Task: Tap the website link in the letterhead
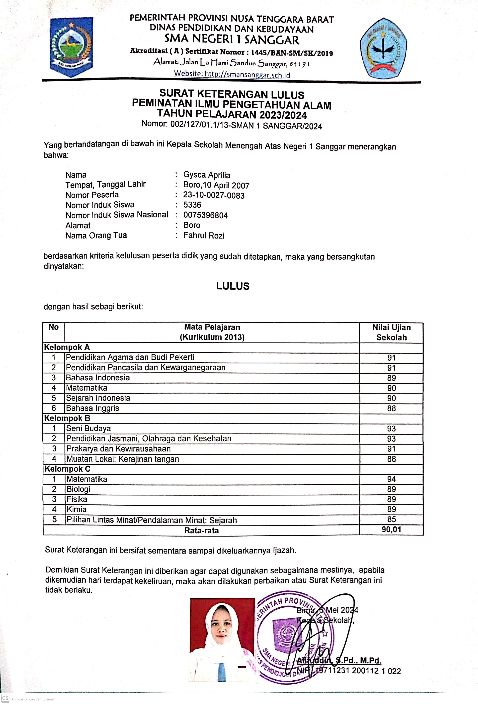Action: [232, 74]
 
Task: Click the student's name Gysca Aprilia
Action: [207, 175]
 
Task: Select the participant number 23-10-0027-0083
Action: [214, 195]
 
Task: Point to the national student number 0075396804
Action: [206, 215]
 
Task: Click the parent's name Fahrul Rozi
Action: [204, 235]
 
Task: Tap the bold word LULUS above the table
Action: [233, 286]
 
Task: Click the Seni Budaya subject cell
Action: [88, 428]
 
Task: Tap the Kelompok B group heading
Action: [67, 418]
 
